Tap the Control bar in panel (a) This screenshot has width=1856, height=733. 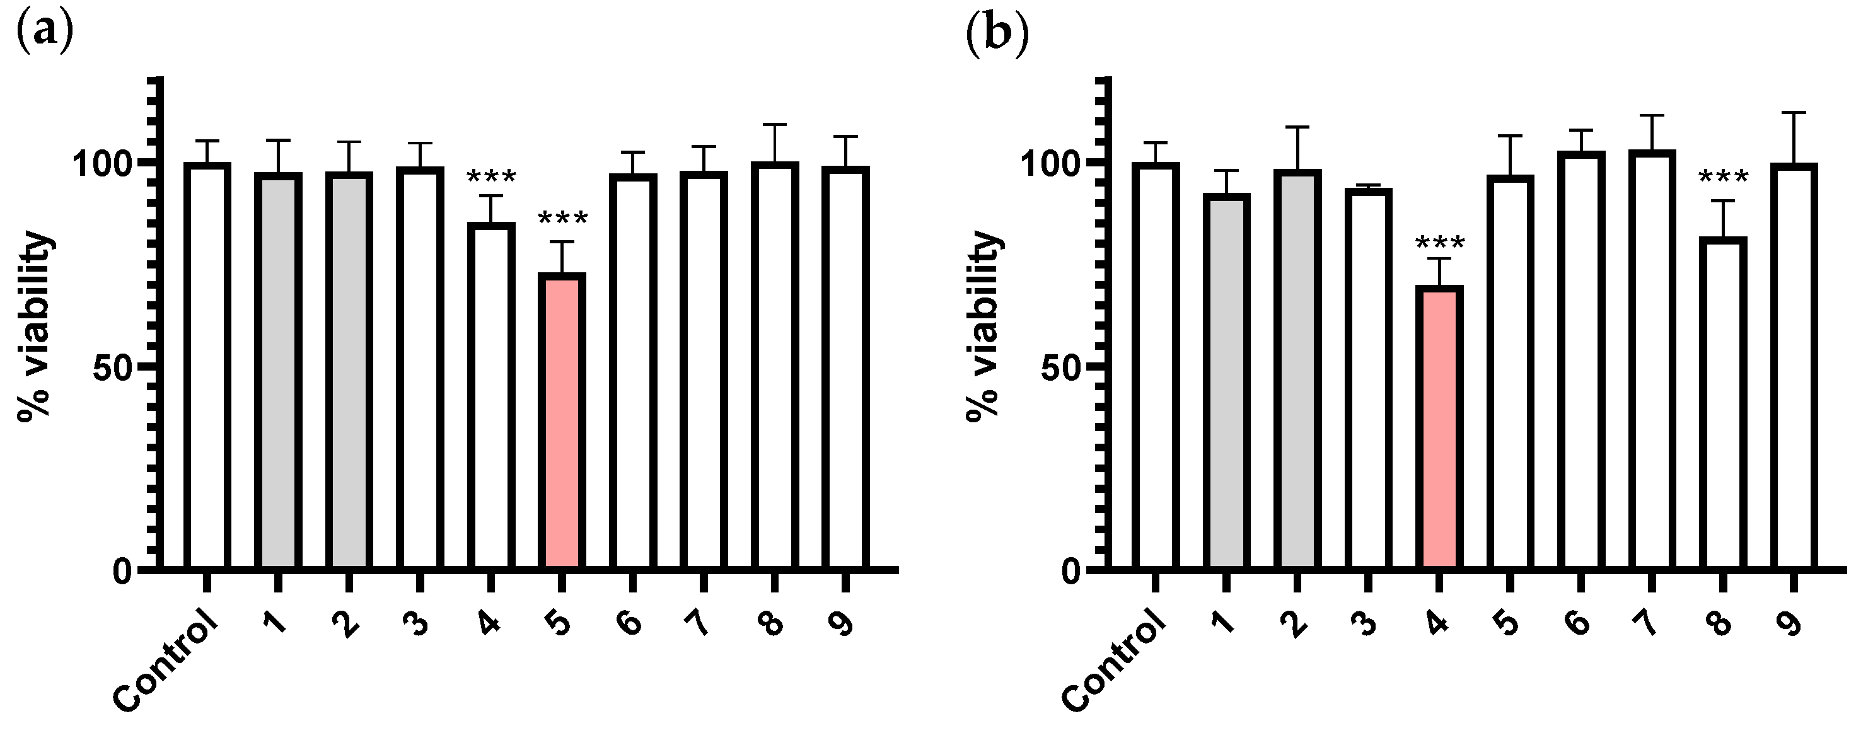(207, 366)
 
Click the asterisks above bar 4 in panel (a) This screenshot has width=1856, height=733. (491, 177)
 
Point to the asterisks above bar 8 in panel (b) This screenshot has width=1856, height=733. (1723, 177)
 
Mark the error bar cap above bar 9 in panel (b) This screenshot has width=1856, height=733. (1794, 112)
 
